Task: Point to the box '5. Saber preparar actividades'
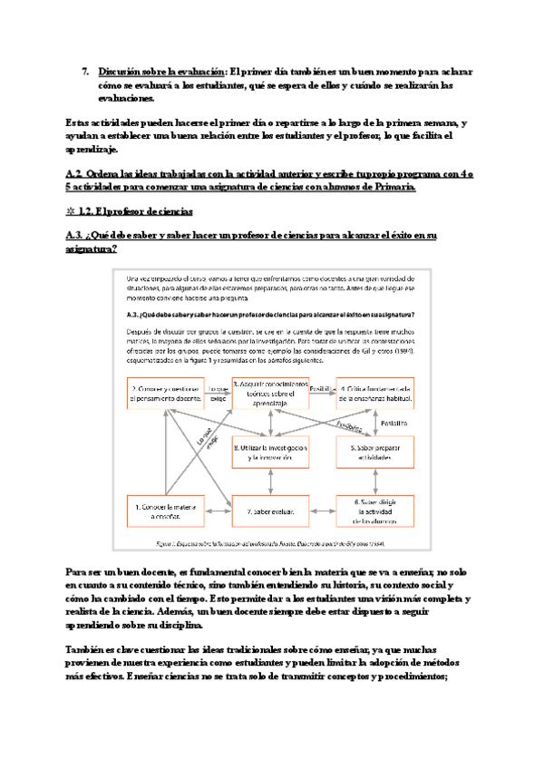375,453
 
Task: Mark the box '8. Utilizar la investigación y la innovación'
270,453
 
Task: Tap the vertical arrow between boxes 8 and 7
270,481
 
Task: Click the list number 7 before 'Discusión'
84,71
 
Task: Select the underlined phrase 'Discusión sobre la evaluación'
162,71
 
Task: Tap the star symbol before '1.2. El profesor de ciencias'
71,212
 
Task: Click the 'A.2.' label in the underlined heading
75,172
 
